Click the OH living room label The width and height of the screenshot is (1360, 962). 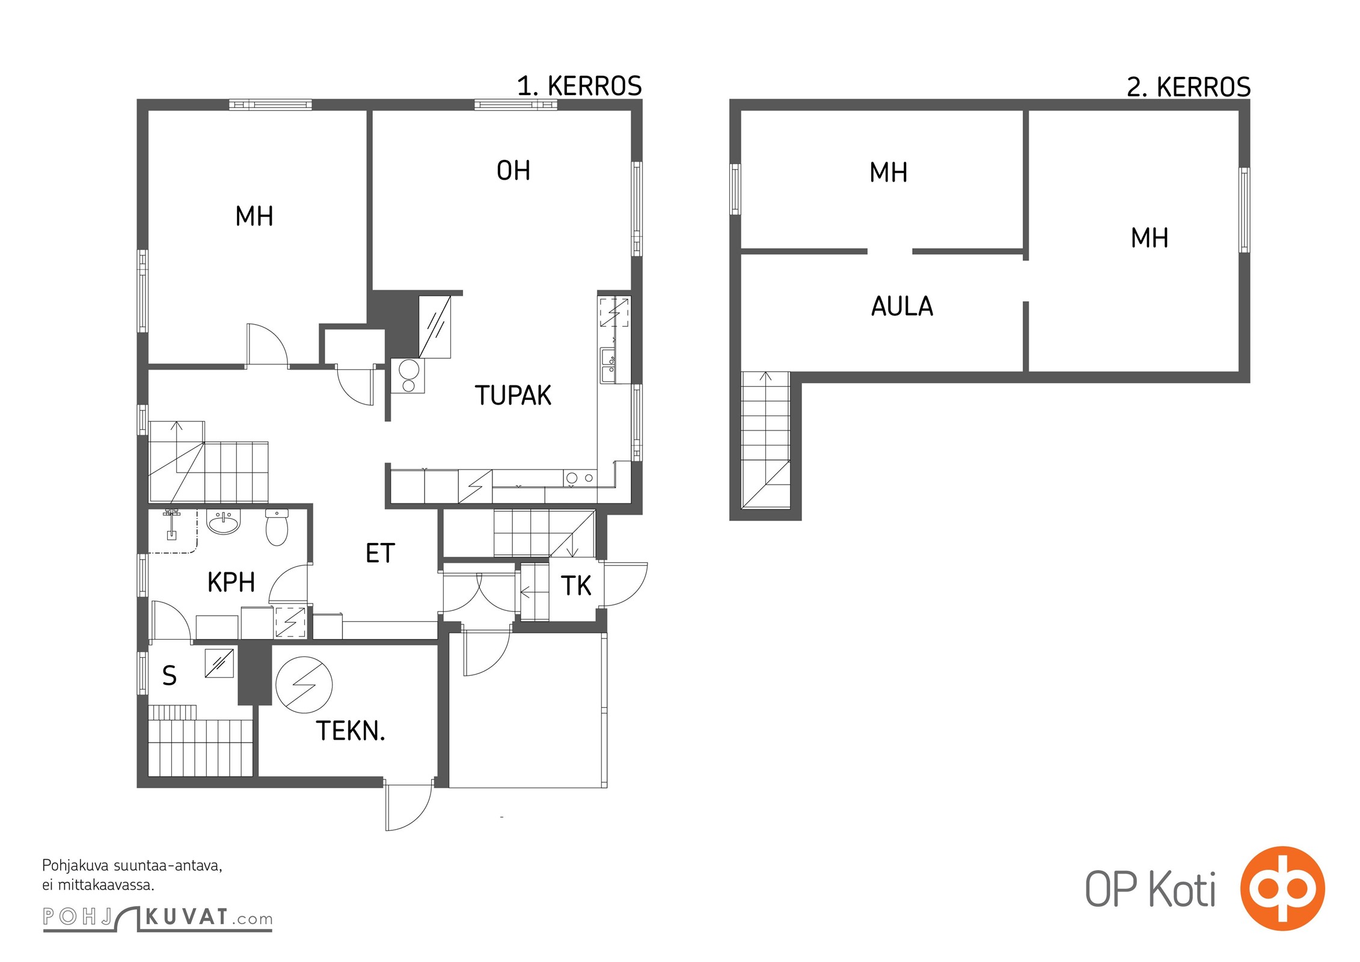coord(513,171)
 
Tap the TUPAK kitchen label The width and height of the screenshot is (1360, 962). coord(513,396)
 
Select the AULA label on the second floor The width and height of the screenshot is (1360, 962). coord(902,307)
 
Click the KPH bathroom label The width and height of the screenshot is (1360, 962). coord(231,582)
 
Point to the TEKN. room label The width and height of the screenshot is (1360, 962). coord(351,731)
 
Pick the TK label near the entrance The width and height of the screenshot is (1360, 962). coord(576,586)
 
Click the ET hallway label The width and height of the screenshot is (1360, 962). coord(380,553)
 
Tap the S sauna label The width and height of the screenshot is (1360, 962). coord(170,676)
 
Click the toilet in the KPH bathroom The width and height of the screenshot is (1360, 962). coord(277,527)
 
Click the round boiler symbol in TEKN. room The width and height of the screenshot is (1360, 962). coord(304,685)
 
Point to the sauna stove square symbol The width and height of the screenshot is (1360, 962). coord(219,663)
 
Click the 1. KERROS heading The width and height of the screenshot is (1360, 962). coord(580,87)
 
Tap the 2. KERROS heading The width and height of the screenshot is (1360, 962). coord(1189,88)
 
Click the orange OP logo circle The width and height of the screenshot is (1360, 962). coord(1282,888)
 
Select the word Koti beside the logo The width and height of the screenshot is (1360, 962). coord(1182,890)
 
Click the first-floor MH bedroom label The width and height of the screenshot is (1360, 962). coord(254,216)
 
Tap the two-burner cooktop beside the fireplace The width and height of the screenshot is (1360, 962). coord(408,375)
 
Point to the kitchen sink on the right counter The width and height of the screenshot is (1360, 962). coord(608,365)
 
